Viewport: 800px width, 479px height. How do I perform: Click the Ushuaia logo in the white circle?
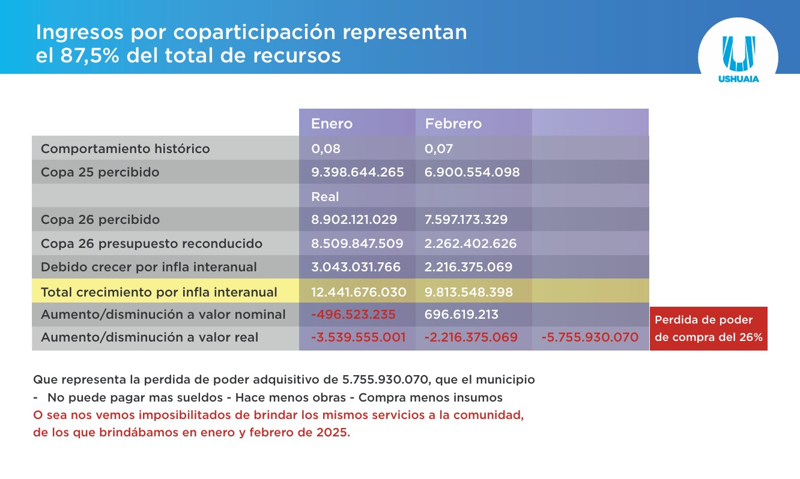738,59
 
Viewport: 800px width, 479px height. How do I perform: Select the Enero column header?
332,124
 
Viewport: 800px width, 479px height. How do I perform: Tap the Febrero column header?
453,124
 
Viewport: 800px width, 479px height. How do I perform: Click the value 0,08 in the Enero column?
326,148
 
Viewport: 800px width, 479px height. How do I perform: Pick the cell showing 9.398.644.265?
357,172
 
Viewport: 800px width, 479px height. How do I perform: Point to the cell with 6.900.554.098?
472,172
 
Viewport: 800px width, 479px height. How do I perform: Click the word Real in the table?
325,196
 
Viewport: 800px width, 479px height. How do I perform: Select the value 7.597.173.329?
466,220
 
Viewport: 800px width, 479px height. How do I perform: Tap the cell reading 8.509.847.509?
357,244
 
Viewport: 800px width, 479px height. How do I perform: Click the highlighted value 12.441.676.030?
359,292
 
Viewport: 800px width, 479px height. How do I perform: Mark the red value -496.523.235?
353,314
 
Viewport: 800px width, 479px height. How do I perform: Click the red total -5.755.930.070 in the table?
590,337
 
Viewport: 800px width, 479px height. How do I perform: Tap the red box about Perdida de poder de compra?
708,328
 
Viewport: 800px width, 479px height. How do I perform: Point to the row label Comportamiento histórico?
125,148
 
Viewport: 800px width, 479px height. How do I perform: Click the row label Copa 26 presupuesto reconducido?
151,244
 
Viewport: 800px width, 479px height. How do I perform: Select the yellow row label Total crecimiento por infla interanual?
159,292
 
